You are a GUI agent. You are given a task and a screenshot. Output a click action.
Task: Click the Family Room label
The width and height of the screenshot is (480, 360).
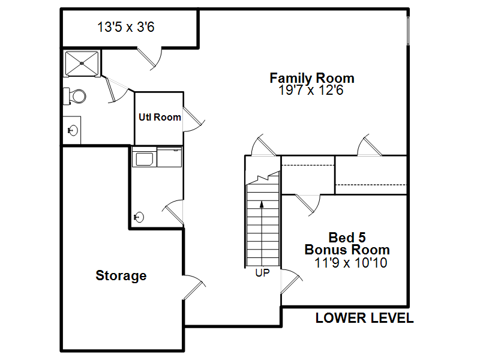pos(312,79)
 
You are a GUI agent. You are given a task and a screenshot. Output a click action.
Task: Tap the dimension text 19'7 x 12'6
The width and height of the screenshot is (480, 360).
pos(311,91)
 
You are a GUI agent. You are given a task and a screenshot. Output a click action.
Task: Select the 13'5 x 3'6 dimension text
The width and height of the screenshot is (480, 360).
pos(126,27)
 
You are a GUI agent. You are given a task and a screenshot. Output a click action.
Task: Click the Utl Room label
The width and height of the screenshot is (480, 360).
pos(160,117)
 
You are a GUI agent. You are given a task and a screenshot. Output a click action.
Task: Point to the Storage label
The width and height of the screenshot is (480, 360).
pos(121,275)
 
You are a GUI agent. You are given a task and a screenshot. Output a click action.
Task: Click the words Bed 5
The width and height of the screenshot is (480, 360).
pos(347,238)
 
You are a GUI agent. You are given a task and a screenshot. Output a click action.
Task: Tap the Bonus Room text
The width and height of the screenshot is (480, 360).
pos(347,250)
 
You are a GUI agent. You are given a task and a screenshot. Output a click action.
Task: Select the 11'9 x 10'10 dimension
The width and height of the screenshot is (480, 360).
pos(351,263)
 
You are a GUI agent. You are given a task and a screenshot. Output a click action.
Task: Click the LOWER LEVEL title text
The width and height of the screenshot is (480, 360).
pos(365,318)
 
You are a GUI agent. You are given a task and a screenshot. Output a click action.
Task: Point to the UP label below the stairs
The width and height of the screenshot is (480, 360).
pos(263,273)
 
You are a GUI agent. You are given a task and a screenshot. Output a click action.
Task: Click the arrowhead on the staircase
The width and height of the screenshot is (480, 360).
pos(262,205)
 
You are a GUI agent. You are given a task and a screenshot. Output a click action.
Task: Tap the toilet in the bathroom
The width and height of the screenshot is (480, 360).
pos(74,96)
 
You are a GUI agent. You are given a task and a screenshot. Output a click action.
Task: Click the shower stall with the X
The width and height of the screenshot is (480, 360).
pos(82,64)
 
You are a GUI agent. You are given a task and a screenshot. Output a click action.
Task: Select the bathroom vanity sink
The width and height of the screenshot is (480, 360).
pos(73,130)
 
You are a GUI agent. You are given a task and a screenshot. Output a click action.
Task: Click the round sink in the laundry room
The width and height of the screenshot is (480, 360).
pos(139,217)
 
